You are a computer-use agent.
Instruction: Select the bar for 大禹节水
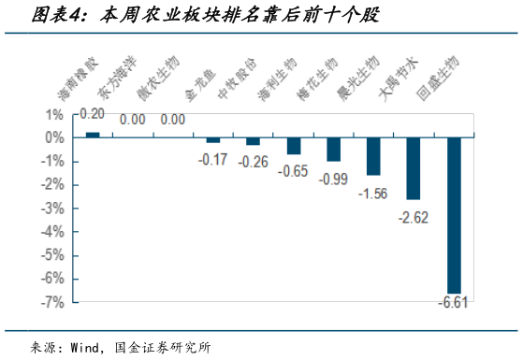[x=414, y=168]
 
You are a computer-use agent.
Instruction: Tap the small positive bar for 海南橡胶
[x=93, y=135]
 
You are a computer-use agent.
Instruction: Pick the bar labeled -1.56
[x=373, y=156]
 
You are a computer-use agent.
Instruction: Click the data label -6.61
[x=454, y=303]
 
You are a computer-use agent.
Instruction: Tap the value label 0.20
[x=92, y=114]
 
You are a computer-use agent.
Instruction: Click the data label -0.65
[x=293, y=171]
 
